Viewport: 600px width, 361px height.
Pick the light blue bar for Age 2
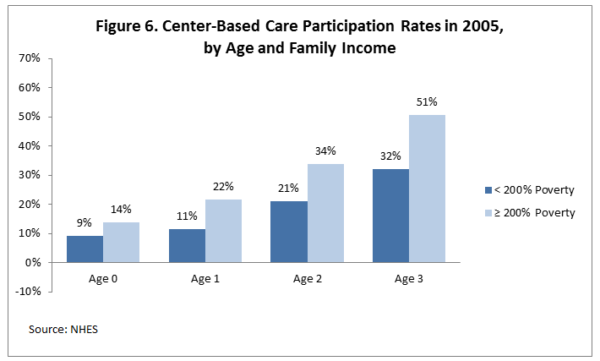(x=325, y=213)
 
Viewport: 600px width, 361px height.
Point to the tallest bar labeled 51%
(x=427, y=189)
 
